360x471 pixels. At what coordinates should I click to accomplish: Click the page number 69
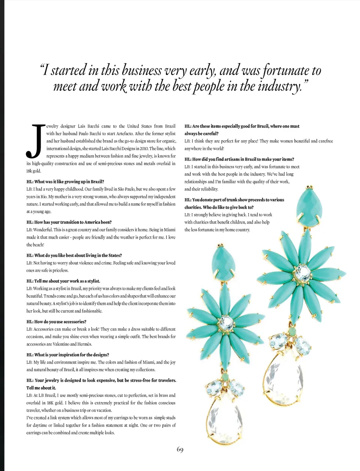[180, 450]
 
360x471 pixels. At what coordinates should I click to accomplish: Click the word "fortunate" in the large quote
[286, 70]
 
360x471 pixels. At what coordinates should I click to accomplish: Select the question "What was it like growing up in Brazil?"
[65, 182]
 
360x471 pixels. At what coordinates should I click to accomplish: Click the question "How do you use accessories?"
[56, 322]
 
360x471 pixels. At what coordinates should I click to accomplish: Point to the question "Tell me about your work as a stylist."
[63, 281]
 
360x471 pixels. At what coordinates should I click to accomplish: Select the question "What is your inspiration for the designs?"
[68, 355]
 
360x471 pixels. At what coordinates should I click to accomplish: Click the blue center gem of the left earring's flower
[226, 322]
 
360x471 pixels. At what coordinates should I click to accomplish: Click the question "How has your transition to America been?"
[69, 222]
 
